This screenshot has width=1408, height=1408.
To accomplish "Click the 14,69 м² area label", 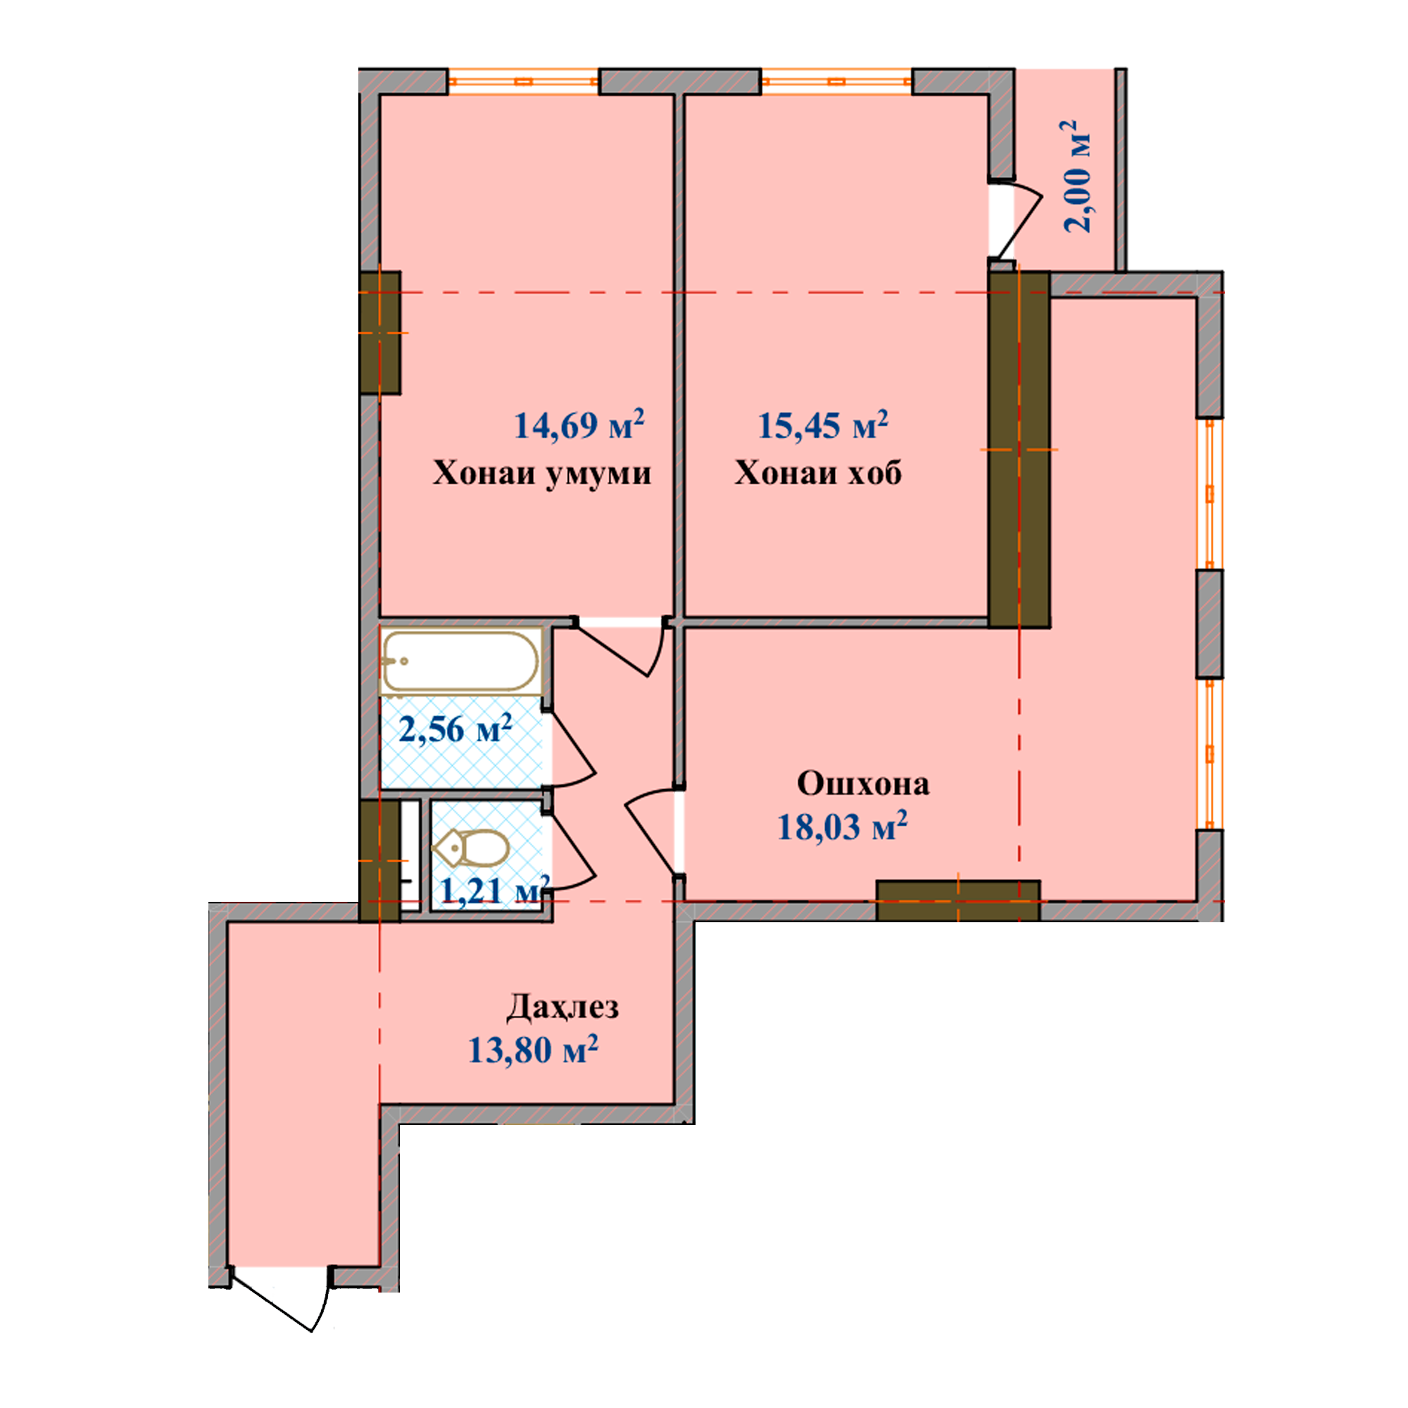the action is click(579, 425).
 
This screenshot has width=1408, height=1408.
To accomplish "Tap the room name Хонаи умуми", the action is click(542, 473).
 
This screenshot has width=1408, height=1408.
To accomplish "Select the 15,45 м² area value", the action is click(823, 425).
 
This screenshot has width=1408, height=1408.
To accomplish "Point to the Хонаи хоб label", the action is click(817, 473).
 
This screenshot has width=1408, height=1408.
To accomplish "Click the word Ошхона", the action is click(863, 784).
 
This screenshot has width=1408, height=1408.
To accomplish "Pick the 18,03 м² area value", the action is click(842, 826).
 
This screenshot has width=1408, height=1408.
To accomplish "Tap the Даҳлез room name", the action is click(562, 1008).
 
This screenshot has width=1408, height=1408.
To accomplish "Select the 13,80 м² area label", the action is click(533, 1050).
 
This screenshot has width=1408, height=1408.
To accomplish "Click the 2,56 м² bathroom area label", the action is click(455, 728).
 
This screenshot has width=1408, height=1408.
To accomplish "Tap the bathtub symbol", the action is click(460, 661).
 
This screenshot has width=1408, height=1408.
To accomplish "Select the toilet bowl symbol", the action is click(470, 848).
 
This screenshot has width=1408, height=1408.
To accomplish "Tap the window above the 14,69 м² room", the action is click(522, 81).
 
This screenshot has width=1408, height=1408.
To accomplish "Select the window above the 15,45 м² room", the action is click(836, 81).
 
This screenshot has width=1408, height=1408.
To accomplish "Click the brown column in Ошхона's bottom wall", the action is click(957, 901).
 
